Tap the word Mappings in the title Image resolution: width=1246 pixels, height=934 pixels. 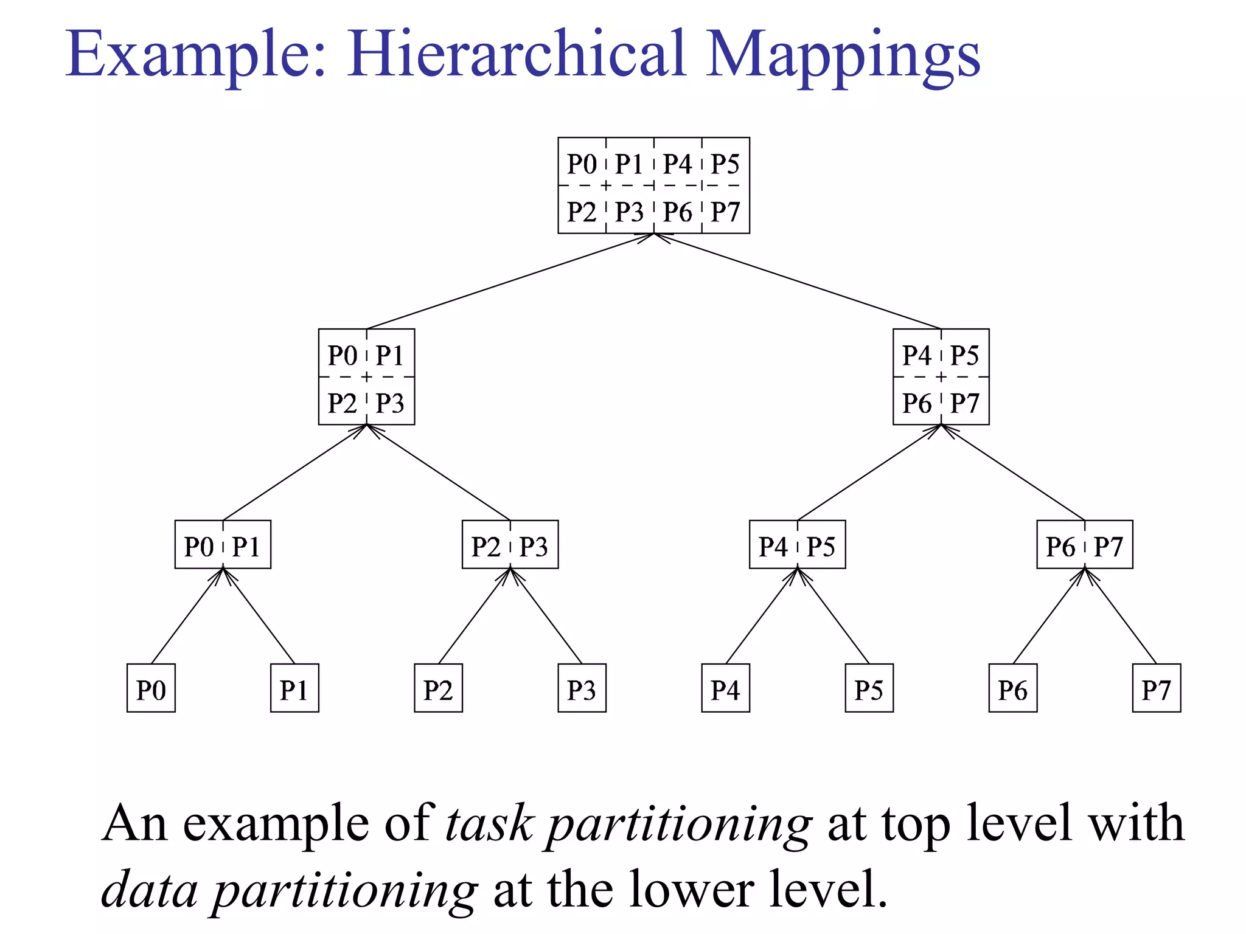coord(843,56)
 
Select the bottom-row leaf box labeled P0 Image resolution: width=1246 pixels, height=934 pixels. coord(151,688)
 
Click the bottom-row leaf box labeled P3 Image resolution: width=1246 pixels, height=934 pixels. coord(582,688)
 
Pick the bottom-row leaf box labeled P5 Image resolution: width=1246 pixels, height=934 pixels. coord(869,688)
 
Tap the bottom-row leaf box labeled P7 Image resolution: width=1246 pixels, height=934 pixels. coord(1156,688)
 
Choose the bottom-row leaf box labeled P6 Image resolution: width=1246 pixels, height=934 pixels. coord(1012,688)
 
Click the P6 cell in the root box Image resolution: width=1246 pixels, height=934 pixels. coord(677,211)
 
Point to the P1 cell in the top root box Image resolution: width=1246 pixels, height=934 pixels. coord(629,163)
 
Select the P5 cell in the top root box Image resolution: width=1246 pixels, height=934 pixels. coord(725,163)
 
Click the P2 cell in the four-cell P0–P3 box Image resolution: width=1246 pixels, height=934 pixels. coord(342,402)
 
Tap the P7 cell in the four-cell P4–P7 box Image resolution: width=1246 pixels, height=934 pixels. coord(965,402)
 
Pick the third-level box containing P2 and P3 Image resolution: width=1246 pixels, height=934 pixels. coord(510,544)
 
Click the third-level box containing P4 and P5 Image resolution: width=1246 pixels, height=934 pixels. coord(797,544)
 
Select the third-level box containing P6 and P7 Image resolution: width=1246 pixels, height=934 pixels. coord(1085,544)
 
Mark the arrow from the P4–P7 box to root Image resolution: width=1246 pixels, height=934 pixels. coord(797,281)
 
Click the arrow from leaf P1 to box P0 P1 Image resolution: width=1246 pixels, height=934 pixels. coord(259,615)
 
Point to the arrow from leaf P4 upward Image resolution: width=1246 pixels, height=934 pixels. coord(762,615)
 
